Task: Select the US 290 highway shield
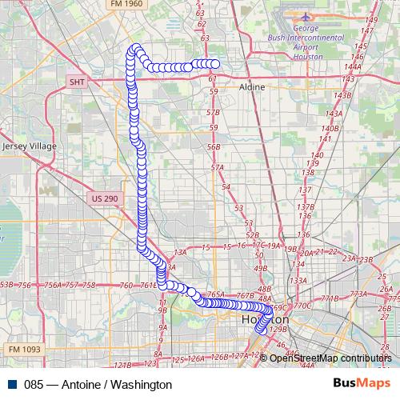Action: tap(104, 198)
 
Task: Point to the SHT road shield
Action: tap(77, 82)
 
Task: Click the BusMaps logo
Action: tap(361, 384)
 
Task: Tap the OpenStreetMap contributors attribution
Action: tap(330, 358)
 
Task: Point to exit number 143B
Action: tap(342, 96)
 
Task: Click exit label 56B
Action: tap(213, 147)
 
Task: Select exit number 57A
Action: tap(217, 168)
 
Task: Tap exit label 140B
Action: tap(330, 128)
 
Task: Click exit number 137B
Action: tap(305, 207)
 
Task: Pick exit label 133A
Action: tap(298, 281)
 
